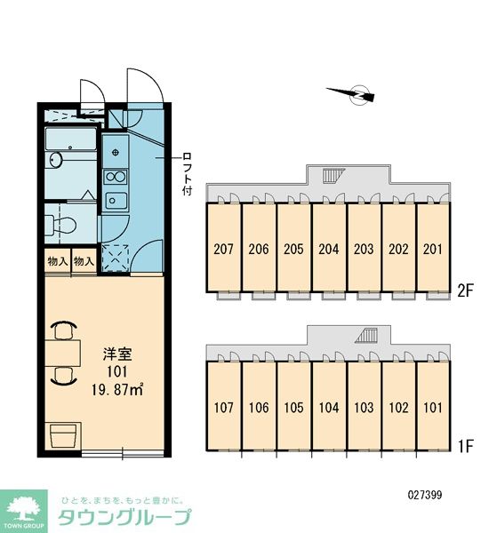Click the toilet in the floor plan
point(60,225)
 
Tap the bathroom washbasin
point(55,160)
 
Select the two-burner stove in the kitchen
point(116,177)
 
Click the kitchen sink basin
point(116,201)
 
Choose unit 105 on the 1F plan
point(293,406)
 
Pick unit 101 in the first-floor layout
point(433,406)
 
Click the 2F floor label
point(465,291)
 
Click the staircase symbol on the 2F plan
point(333,175)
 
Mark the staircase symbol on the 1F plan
point(366,336)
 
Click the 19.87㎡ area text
point(117,390)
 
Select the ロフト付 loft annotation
point(188,174)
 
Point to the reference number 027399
point(425,495)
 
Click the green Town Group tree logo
point(23,511)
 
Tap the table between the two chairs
point(62,353)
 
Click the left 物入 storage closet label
point(58,262)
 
